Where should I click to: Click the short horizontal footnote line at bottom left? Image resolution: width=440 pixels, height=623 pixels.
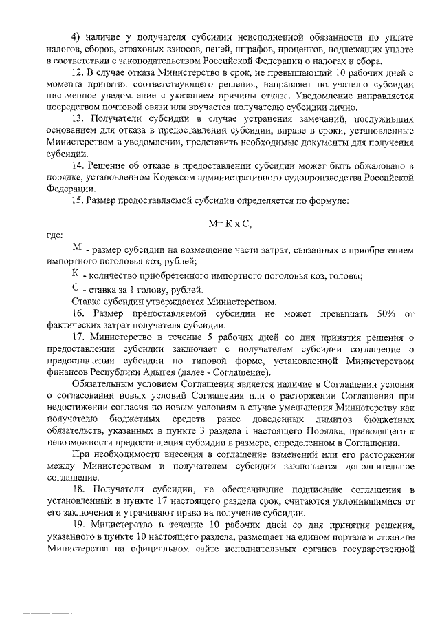coord(49,611)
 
